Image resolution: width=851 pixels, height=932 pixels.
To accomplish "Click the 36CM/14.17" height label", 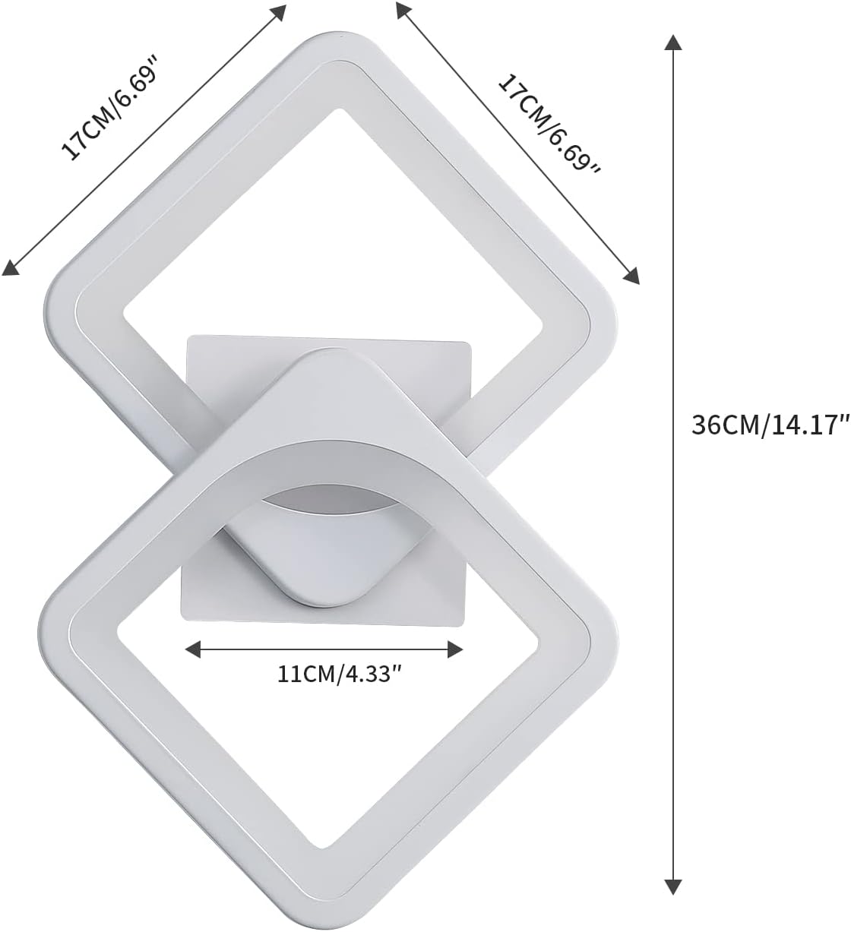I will click(x=770, y=424).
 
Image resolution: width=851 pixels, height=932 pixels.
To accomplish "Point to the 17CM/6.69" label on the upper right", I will click(x=549, y=125).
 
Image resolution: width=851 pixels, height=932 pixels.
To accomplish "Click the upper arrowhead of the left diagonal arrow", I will click(x=279, y=12).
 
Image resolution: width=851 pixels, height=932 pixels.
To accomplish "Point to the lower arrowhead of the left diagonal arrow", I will click(x=11, y=267).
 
